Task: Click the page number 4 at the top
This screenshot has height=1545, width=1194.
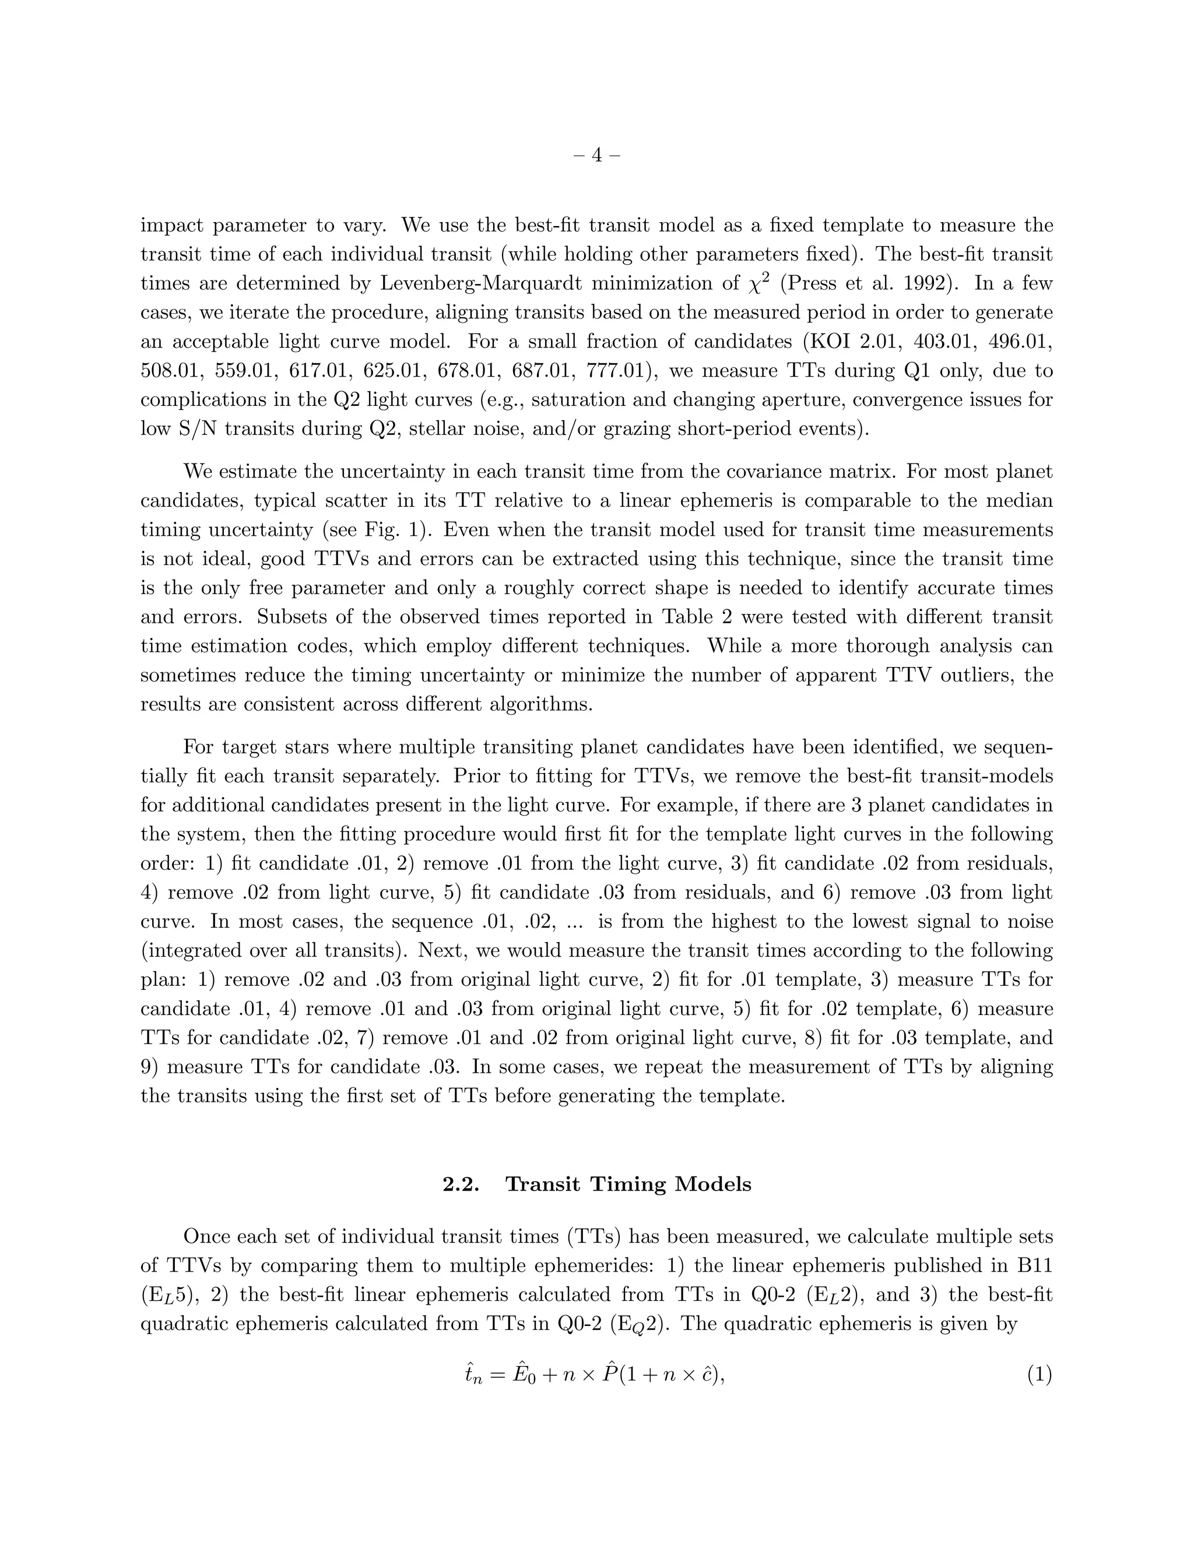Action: pyautogui.click(x=596, y=155)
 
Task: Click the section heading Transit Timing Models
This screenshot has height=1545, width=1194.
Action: pyautogui.click(x=628, y=1184)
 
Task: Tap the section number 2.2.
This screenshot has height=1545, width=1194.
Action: pyautogui.click(x=461, y=1184)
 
